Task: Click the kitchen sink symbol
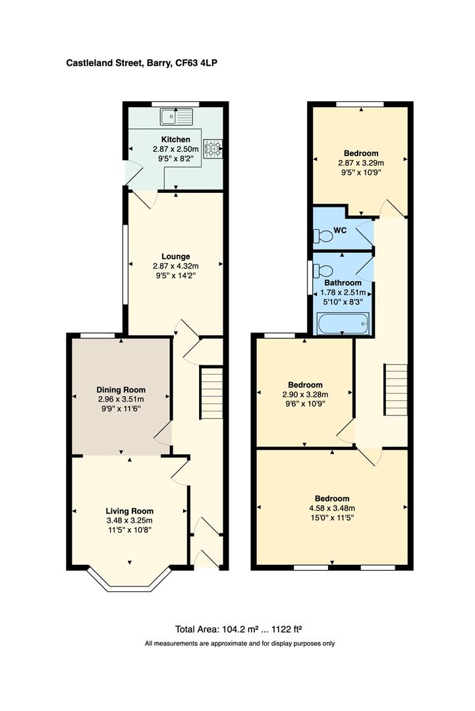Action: click(175, 117)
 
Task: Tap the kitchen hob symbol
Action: click(214, 149)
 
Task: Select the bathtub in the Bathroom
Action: click(343, 323)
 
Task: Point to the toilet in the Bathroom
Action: click(323, 270)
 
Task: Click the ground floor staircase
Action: click(211, 393)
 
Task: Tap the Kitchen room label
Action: click(176, 140)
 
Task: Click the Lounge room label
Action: click(176, 256)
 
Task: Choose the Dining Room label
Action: click(121, 389)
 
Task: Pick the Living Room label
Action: click(130, 511)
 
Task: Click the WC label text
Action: click(341, 230)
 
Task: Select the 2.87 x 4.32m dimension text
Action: click(176, 266)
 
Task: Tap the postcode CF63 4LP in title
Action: click(204, 63)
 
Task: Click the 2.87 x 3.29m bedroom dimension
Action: click(360, 163)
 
